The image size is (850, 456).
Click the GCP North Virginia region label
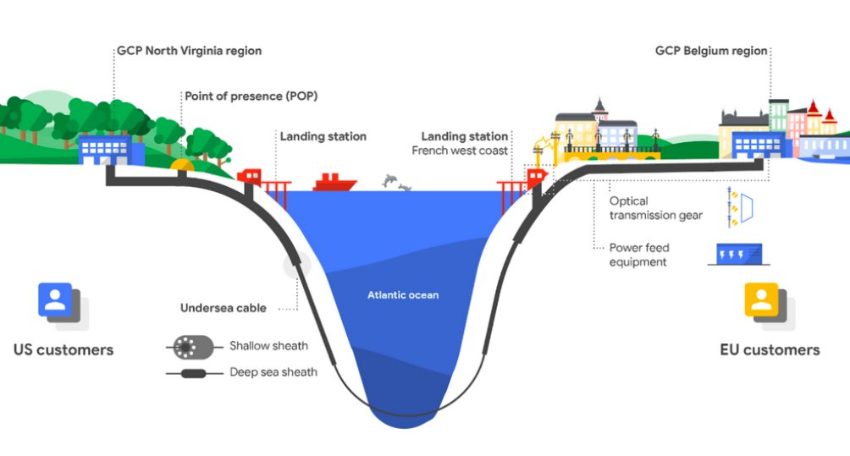tap(189, 51)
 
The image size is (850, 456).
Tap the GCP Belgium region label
tap(711, 51)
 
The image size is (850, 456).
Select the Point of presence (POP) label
tap(251, 96)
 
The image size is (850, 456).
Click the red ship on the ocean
tap(334, 183)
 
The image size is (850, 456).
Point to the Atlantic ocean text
tap(403, 295)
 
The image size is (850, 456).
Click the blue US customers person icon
tap(55, 299)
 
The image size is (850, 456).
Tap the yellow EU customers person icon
tap(761, 299)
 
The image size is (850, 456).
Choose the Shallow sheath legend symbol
tap(193, 347)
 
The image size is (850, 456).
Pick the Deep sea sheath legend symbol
tap(194, 373)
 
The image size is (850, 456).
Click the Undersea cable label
tap(224, 308)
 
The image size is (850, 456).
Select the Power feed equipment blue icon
tap(739, 254)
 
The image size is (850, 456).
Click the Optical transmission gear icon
tap(740, 207)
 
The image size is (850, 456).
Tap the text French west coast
tap(460, 151)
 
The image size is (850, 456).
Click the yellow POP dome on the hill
tap(182, 165)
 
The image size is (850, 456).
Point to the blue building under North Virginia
tap(111, 150)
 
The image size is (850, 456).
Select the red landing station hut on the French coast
tap(536, 177)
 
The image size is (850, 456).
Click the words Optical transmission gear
tap(655, 208)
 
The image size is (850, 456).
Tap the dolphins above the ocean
tap(396, 183)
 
